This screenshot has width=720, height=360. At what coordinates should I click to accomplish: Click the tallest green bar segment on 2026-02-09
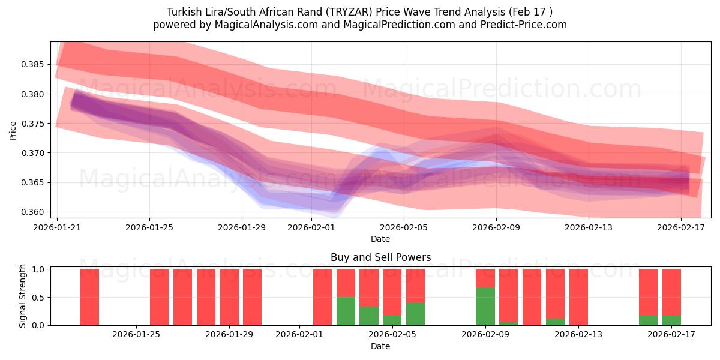(x=485, y=306)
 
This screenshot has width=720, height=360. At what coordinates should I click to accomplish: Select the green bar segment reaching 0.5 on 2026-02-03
(x=346, y=311)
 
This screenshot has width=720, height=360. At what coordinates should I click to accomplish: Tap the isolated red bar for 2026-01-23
(x=89, y=297)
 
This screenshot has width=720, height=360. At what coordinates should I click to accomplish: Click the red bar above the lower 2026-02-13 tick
(x=578, y=297)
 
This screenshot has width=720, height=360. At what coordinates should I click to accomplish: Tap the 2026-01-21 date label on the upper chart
(x=58, y=228)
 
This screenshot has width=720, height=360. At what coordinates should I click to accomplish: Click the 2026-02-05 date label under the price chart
(x=404, y=228)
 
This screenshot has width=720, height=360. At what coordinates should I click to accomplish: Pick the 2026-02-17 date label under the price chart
(x=682, y=228)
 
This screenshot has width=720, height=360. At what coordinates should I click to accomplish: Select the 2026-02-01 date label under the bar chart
(x=299, y=335)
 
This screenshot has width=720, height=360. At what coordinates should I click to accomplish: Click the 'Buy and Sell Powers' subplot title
(x=380, y=257)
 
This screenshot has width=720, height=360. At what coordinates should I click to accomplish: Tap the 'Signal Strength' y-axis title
(x=23, y=296)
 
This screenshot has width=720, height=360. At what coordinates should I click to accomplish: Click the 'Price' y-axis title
(x=13, y=130)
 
